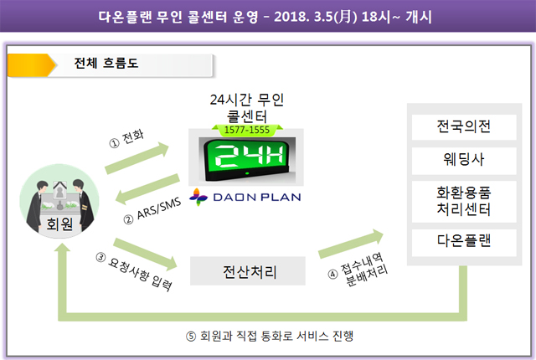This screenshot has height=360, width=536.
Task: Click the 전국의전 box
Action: tap(464, 126)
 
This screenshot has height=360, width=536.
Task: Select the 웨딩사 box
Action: tap(464, 160)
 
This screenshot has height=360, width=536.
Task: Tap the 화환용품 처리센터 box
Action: tap(464, 201)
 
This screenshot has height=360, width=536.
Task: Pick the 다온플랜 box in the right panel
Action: tap(464, 242)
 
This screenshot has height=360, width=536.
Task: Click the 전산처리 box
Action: tap(248, 271)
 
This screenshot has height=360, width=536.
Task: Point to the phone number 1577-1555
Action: tap(247, 130)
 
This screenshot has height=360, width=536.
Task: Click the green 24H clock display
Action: tap(247, 158)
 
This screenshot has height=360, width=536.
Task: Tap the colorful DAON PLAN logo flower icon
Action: tap(198, 197)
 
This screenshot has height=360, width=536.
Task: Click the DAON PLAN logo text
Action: tap(257, 198)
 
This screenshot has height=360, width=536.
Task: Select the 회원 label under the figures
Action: tap(59, 224)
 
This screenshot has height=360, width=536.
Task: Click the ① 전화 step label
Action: tap(126, 139)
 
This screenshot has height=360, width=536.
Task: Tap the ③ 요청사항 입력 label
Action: tap(134, 271)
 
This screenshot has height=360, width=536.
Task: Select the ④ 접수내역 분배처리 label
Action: tap(358, 270)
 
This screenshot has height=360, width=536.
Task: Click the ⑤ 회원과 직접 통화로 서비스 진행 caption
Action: tap(270, 336)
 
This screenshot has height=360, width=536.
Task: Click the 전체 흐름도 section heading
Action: tap(106, 63)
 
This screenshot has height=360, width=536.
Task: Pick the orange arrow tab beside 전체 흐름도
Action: tap(32, 65)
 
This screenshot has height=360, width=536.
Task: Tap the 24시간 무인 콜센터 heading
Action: tap(247, 108)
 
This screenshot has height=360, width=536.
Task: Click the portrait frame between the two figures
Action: tap(59, 191)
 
